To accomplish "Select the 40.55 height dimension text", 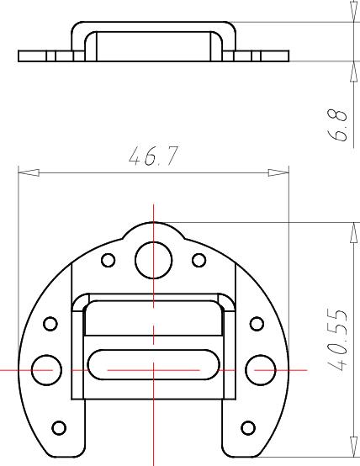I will click(x=339, y=341).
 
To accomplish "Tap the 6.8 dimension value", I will click(x=340, y=124).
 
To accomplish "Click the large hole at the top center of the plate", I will click(x=153, y=258).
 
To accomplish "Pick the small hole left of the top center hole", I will click(x=108, y=259).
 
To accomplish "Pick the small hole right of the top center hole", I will click(x=199, y=259).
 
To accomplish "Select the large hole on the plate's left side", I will click(x=44, y=368).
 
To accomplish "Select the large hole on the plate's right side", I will click(x=258, y=368).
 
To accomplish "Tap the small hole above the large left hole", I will click(x=50, y=323).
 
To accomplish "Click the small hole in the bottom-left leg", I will click(x=59, y=428).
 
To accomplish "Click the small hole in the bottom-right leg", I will click(x=247, y=428).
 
